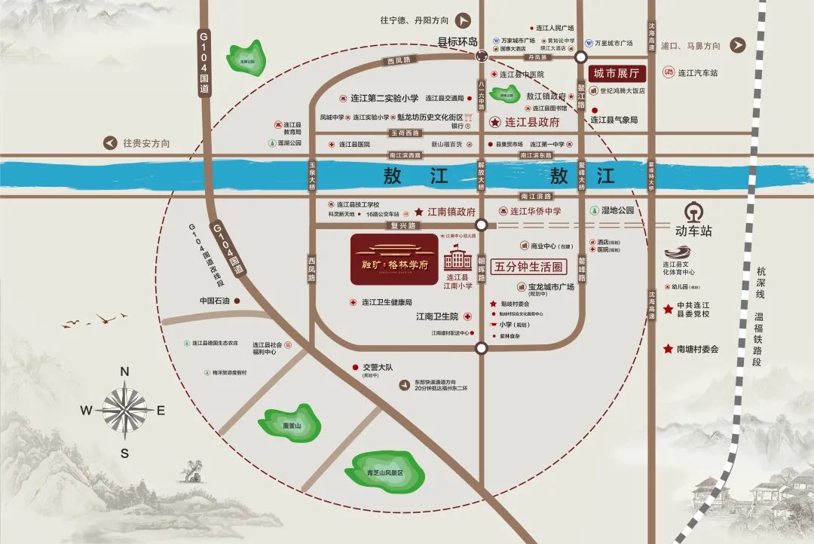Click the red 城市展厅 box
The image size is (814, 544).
pos(616,74)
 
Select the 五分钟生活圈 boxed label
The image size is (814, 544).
pos(528,267)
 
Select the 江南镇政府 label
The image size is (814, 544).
pos(450,212)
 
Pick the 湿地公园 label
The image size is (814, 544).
pos(617,211)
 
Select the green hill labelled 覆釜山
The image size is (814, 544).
pos(290,423)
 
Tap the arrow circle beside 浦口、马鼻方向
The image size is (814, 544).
pos(737,45)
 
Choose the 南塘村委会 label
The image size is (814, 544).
pos(696,349)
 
